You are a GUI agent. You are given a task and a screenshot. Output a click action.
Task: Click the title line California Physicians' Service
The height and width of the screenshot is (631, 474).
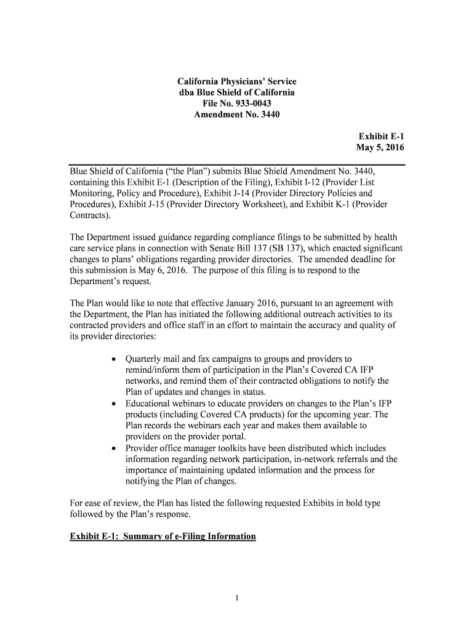(x=237, y=81)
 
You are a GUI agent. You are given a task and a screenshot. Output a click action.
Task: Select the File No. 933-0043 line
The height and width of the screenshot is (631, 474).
(x=237, y=104)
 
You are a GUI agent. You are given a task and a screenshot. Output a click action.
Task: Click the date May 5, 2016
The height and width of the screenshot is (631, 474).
(x=380, y=148)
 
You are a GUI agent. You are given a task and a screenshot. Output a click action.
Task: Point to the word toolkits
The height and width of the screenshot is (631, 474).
(x=243, y=448)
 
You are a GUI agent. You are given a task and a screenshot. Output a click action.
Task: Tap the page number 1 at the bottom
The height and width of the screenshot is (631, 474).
(x=237, y=597)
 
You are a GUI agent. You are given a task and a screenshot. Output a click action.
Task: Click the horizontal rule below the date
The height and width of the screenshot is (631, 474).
(x=237, y=165)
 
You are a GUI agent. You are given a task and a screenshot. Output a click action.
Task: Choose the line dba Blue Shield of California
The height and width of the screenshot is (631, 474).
(x=237, y=92)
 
